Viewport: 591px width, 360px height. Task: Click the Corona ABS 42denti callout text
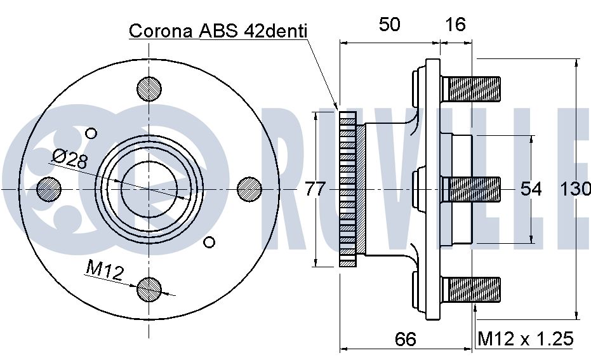218,31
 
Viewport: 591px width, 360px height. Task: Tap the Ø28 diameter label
70,159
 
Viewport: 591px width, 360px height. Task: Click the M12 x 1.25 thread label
526,338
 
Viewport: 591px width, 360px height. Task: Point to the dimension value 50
389,25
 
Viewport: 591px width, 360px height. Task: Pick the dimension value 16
455,25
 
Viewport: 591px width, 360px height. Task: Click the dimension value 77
315,189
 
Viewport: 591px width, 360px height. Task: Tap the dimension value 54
531,189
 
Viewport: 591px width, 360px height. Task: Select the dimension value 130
575,189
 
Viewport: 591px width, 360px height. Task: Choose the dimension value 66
406,339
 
